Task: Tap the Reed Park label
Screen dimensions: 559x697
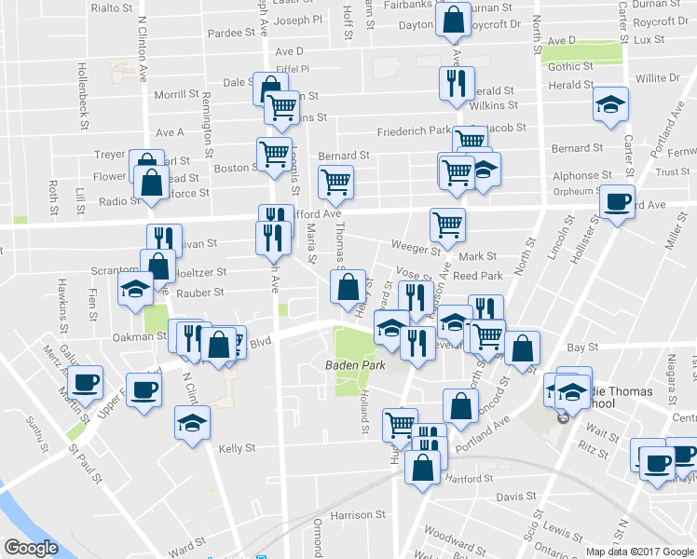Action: (x=477, y=276)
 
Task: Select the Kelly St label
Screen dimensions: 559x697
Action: (x=237, y=448)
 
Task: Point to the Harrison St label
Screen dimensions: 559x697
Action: (x=357, y=514)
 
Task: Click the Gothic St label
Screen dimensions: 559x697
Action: (x=565, y=66)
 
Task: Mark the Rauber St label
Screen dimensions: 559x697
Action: (x=205, y=293)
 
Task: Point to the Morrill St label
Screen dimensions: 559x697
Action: (x=176, y=94)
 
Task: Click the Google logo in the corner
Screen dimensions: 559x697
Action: (x=31, y=547)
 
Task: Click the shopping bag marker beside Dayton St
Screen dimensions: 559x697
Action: (x=452, y=20)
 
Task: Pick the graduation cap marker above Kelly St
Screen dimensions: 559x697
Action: (x=192, y=424)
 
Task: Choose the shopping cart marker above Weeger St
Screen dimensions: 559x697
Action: (x=448, y=224)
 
